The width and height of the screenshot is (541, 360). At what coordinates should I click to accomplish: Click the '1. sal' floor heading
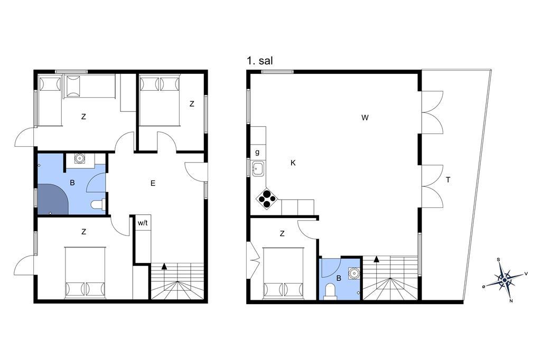point(260,61)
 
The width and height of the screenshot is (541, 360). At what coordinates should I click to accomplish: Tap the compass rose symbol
point(505,280)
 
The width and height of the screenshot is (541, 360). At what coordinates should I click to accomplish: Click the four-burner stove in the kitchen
point(267,198)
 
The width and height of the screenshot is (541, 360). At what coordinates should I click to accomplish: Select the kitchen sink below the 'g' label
point(258,168)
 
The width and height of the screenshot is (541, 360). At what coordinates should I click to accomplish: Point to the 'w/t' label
point(143,223)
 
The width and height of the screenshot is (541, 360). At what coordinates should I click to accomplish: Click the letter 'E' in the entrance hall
point(153,183)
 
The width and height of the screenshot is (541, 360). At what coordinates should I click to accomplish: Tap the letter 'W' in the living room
point(365,118)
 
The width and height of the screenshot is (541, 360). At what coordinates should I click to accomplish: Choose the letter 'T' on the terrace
point(448,179)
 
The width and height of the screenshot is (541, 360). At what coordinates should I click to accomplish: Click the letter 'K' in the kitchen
point(293,163)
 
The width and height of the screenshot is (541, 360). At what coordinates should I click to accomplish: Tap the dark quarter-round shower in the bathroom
point(52,199)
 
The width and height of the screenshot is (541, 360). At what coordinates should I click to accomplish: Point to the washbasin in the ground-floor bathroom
point(80,158)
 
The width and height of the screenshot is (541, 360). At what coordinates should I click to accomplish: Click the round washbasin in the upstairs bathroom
point(353,273)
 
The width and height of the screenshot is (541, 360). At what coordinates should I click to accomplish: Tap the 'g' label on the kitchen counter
point(257,152)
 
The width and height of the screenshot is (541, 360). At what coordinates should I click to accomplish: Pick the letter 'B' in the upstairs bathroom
point(339,278)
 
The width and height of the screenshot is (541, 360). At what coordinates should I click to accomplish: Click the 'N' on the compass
point(511,301)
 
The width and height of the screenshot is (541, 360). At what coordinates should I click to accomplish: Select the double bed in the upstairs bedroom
point(284,273)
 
